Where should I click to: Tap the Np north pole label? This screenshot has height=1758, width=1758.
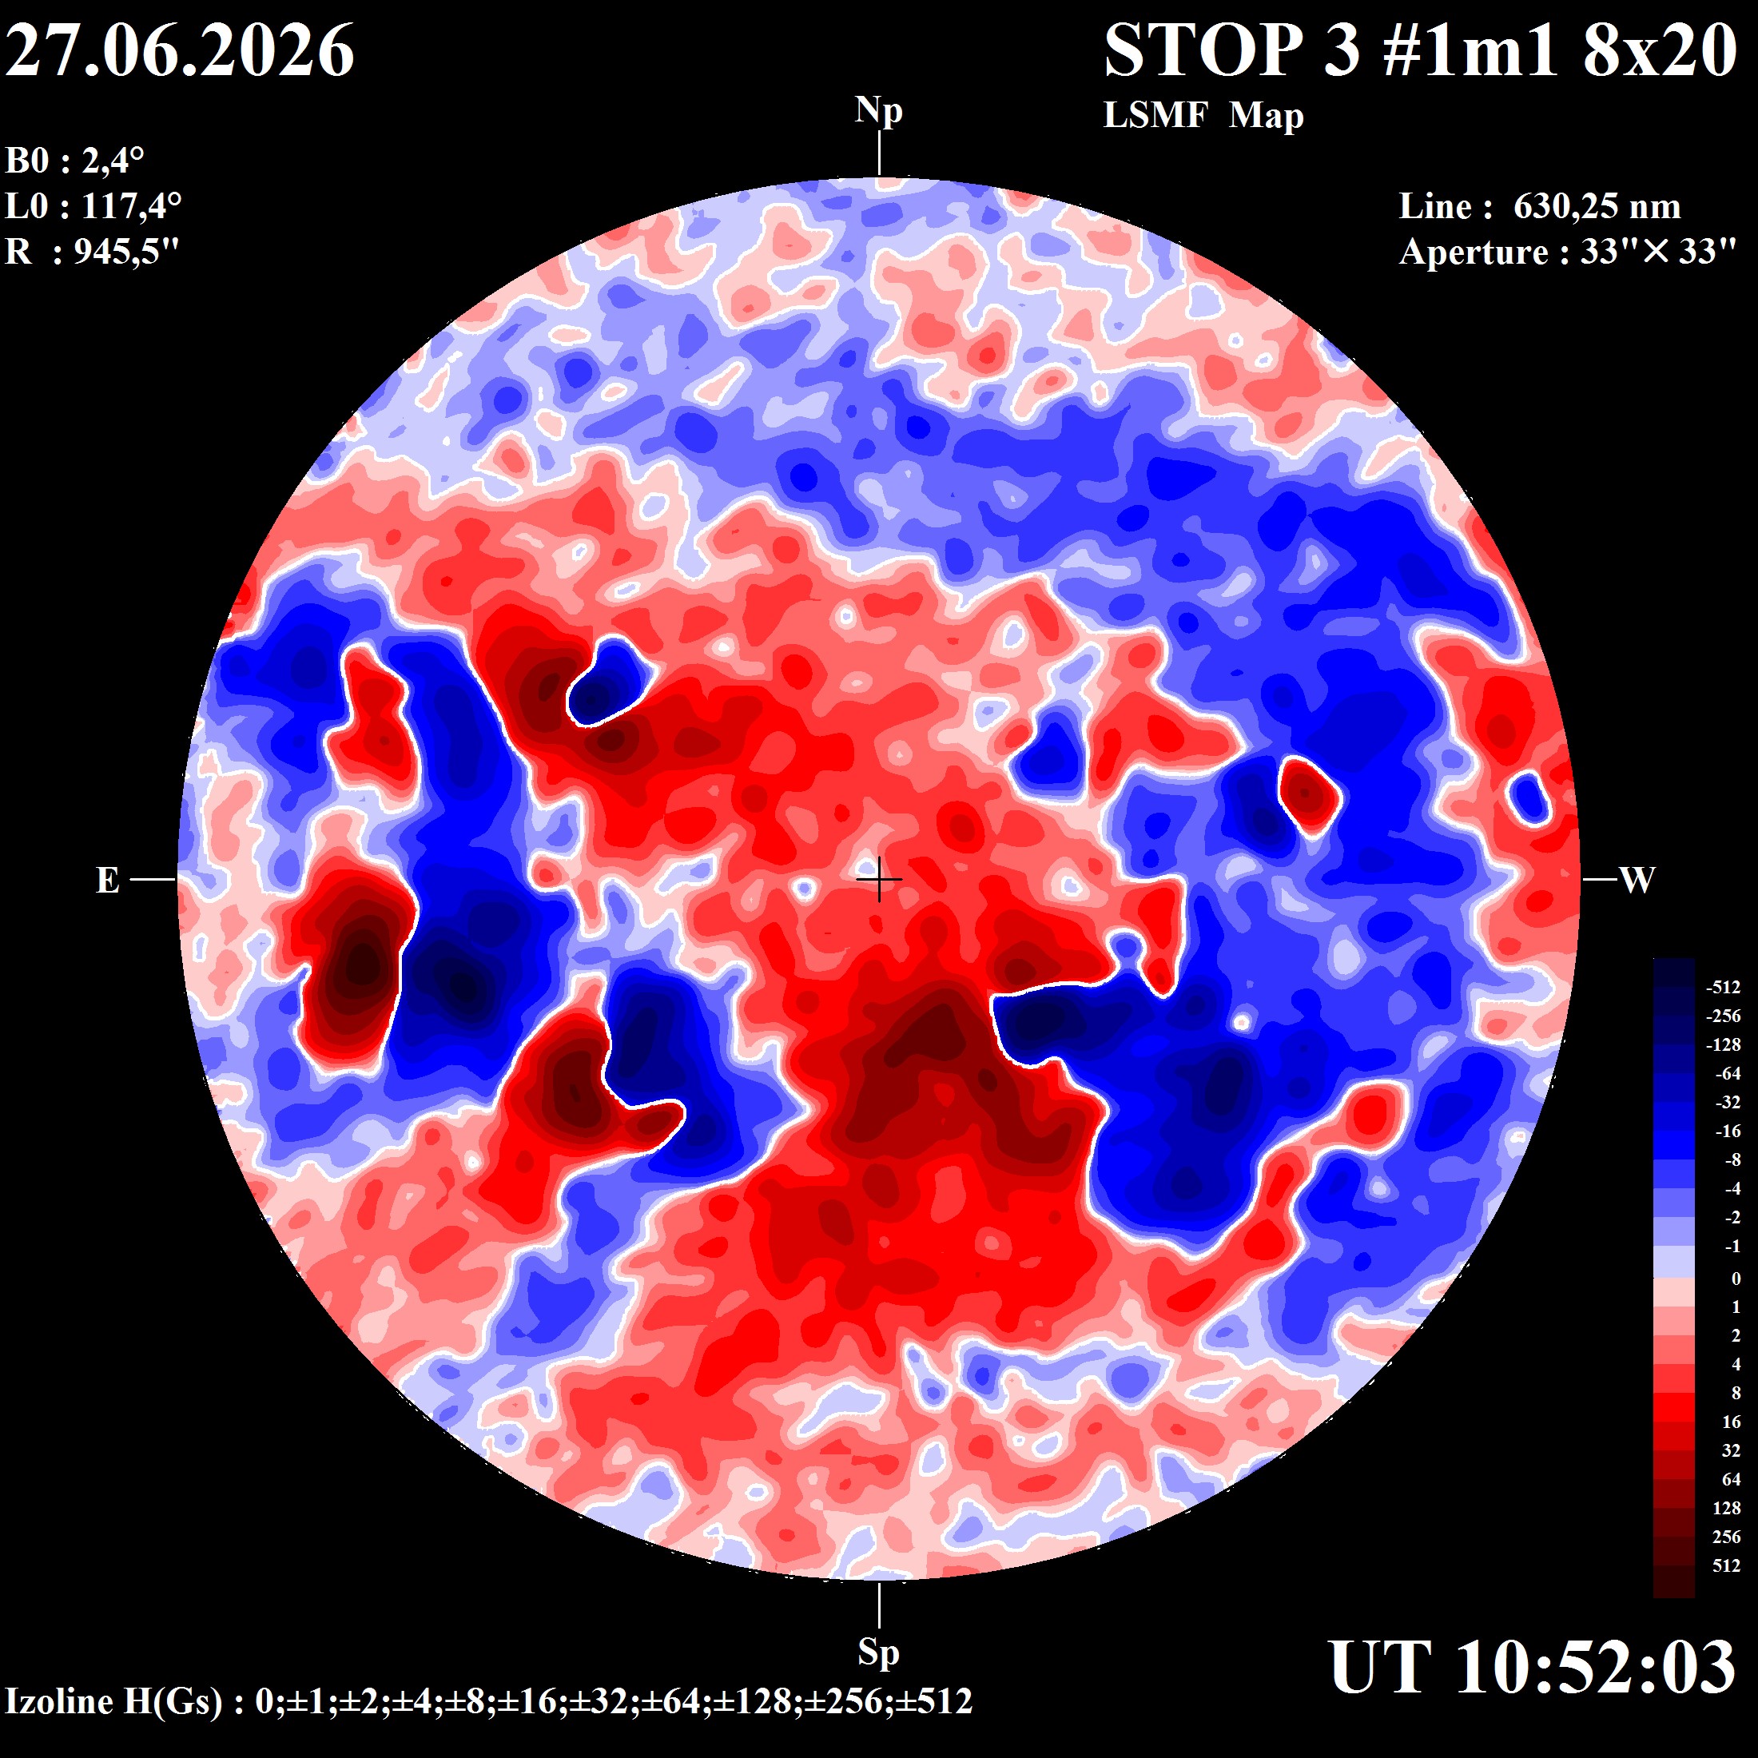(x=878, y=111)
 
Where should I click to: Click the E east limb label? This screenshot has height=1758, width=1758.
(x=107, y=880)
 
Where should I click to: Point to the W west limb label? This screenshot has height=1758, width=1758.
(x=1637, y=880)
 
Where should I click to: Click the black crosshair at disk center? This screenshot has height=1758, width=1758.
(x=879, y=880)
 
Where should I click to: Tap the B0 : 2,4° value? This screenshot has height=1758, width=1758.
(x=74, y=161)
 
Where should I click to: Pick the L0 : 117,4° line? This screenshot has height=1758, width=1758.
(x=93, y=205)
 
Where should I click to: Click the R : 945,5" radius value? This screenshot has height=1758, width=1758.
(x=92, y=250)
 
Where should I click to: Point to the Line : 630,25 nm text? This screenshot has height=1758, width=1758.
(x=1540, y=206)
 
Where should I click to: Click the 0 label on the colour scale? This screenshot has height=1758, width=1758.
(x=1736, y=1279)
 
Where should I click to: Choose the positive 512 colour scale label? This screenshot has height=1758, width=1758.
(x=1726, y=1566)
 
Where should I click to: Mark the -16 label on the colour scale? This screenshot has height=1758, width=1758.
(x=1728, y=1131)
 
